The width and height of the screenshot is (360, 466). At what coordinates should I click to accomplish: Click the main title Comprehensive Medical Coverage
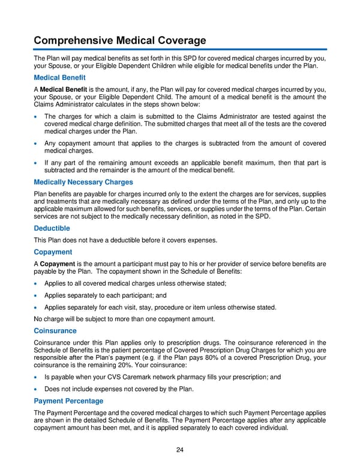tap(119, 40)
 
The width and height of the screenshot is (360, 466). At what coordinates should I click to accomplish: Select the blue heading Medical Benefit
tap(59, 77)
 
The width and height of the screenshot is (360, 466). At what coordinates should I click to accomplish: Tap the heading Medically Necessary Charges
tap(83, 182)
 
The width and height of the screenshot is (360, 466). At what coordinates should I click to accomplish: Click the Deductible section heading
tap(52, 228)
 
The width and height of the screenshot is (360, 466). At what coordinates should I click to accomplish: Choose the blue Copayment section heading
tap(53, 252)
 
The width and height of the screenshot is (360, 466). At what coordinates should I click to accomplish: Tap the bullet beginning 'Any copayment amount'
tap(37, 143)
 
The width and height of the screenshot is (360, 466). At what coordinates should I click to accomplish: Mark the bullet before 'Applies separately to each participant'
tap(37, 295)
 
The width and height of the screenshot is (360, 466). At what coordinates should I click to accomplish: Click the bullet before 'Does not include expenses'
tap(37, 389)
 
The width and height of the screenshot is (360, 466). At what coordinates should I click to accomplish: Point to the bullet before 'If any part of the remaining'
tap(37, 163)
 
